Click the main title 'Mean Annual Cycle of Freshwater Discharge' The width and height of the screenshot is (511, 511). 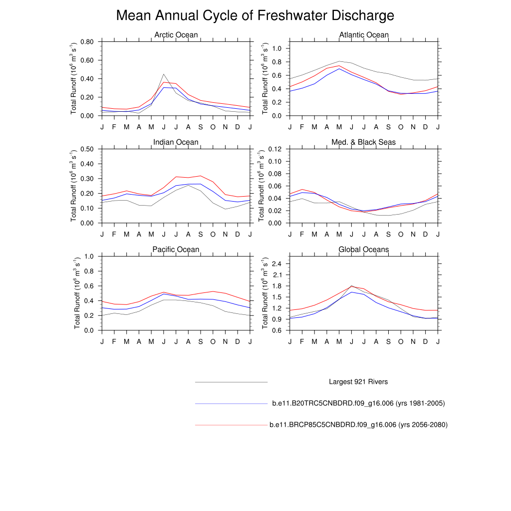[255, 15]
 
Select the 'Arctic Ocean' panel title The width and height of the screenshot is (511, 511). [176, 35]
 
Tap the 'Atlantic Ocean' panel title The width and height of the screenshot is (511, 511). [364, 35]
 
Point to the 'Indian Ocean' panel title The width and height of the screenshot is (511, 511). [176, 142]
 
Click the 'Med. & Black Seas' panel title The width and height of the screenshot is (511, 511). [364, 142]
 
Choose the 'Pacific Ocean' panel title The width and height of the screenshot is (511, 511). [176, 250]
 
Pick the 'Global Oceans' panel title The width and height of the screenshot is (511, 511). [364, 250]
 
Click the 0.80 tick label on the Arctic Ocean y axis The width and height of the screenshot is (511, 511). [87, 42]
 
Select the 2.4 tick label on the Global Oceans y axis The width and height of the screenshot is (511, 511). [277, 263]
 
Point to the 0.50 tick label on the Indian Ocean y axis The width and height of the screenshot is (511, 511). [87, 149]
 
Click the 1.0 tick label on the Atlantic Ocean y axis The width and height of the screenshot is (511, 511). [277, 48]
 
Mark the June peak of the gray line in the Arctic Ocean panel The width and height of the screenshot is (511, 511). [164, 74]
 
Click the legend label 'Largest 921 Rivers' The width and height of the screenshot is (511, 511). [358, 382]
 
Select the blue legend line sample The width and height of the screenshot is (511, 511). [232, 403]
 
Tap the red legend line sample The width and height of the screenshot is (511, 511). [232, 425]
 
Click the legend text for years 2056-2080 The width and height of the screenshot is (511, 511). [358, 425]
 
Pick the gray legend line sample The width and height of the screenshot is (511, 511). [232, 382]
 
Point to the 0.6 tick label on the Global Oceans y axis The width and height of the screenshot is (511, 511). [277, 330]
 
